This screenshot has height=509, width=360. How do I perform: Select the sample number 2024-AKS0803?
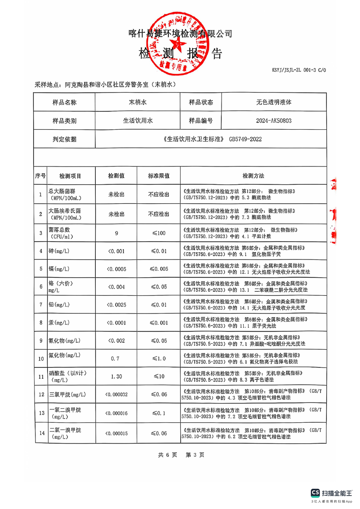pyautogui.click(x=274, y=121)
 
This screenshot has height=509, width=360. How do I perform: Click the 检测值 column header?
pyautogui.click(x=116, y=176)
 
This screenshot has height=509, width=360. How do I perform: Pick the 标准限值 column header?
pyautogui.click(x=159, y=176)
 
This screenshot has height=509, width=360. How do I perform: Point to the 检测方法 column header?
pyautogui.click(x=253, y=176)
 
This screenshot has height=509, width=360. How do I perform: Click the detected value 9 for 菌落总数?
pyautogui.click(x=116, y=233)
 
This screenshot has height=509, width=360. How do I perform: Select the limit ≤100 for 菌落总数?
pyautogui.click(x=159, y=233)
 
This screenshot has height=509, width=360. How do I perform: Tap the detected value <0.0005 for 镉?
pyautogui.click(x=116, y=269)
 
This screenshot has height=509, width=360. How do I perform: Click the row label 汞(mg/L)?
pyautogui.click(x=59, y=323)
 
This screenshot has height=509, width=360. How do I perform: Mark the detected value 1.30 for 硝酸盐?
pyautogui.click(x=116, y=376)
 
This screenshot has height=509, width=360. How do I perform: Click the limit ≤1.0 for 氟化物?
pyautogui.click(x=159, y=358)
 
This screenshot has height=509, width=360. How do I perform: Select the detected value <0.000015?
pyautogui.click(x=116, y=433)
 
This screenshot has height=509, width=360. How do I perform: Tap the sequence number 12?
pyautogui.click(x=40, y=394)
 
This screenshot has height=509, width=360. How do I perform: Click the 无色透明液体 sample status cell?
pyautogui.click(x=274, y=103)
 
